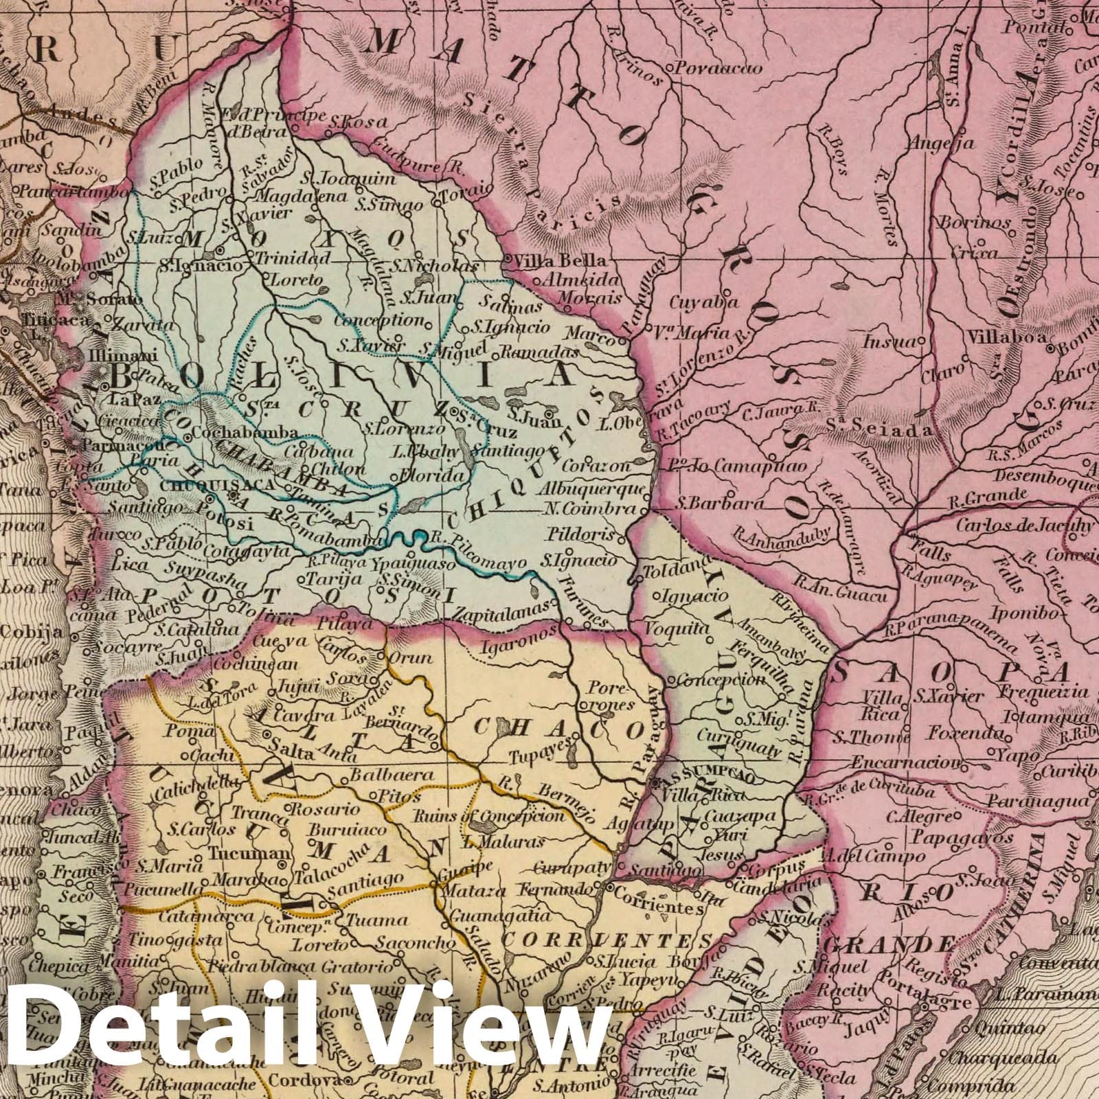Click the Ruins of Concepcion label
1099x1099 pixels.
point(488,817)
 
